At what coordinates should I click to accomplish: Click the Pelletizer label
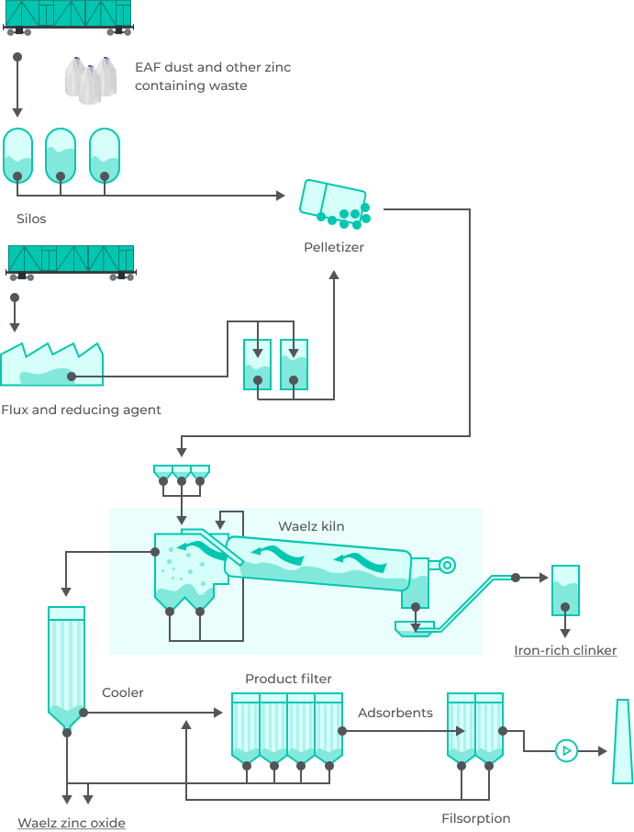pyautogui.click(x=333, y=247)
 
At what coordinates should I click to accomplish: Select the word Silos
pyautogui.click(x=31, y=219)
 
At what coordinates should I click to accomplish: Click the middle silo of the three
pyautogui.click(x=61, y=154)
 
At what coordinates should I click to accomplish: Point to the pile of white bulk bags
pyautogui.click(x=91, y=78)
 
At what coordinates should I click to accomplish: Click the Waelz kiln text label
pyautogui.click(x=311, y=526)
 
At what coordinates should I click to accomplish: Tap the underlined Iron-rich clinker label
pyautogui.click(x=564, y=650)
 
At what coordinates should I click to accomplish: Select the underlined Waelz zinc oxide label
pyautogui.click(x=72, y=823)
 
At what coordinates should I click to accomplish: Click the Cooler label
pyautogui.click(x=123, y=692)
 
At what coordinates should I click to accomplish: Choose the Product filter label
pyautogui.click(x=287, y=679)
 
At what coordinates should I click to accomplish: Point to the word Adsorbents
pyautogui.click(x=395, y=713)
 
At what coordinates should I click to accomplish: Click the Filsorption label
pyautogui.click(x=475, y=818)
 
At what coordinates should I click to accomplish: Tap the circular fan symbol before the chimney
pyautogui.click(x=566, y=751)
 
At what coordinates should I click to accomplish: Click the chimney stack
pyautogui.click(x=622, y=741)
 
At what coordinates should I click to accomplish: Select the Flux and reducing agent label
pyautogui.click(x=81, y=410)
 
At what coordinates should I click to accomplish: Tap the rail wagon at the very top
pyautogui.click(x=69, y=16)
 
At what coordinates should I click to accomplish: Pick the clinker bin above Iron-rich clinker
pyautogui.click(x=565, y=590)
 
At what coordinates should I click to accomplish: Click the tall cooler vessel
pyautogui.click(x=66, y=666)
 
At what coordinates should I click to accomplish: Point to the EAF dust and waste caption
pyautogui.click(x=212, y=76)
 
